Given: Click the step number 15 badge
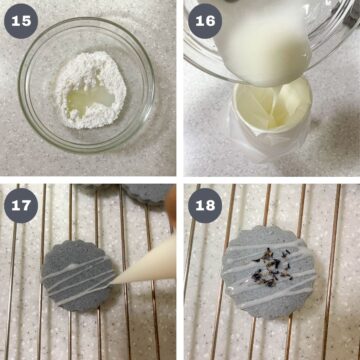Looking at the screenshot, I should pyautogui.click(x=22, y=23).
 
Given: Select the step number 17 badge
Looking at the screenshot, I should pyautogui.click(x=22, y=205).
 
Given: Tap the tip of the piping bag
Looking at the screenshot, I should pyautogui.click(x=113, y=283).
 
